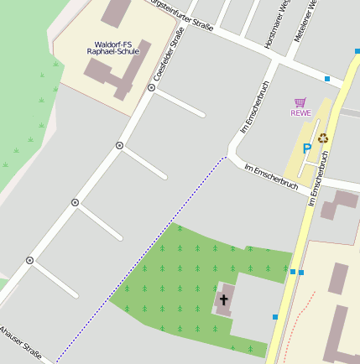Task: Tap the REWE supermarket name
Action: coord(300,113)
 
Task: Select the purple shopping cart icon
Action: coord(300,102)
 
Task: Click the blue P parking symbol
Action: coord(307,148)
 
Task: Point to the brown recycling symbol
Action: coord(322,138)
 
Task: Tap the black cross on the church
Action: coord(223,299)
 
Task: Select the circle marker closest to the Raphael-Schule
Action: coord(152,86)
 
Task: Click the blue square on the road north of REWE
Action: coord(326,78)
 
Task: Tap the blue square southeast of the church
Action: coord(274,317)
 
